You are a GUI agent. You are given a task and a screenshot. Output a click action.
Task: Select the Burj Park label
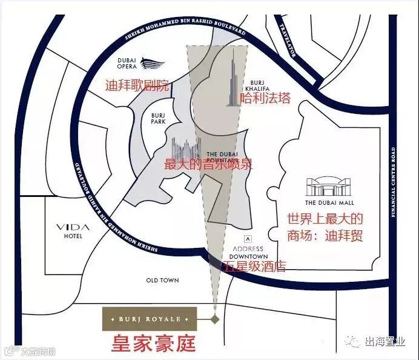click(158, 118)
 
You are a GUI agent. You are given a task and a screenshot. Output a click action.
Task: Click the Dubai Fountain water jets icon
click(186, 148)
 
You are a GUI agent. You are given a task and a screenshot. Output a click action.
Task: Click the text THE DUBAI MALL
click(329, 202)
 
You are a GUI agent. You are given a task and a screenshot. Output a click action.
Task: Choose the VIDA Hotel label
click(73, 231)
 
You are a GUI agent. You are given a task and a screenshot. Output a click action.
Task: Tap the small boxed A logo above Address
click(246, 238)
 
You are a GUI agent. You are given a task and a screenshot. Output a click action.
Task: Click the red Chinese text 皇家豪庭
click(153, 344)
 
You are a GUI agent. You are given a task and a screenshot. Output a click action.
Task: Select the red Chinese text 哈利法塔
click(265, 98)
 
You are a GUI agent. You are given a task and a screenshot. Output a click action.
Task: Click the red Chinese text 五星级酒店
click(255, 266)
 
